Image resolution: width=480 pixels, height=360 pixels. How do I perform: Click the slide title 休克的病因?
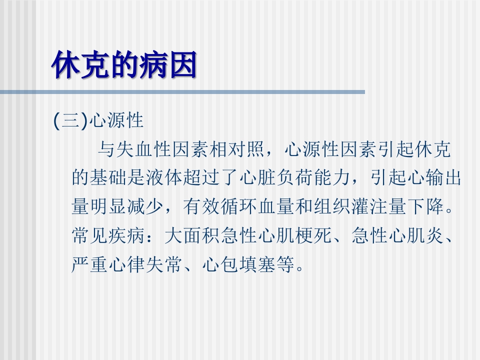pos(124,64)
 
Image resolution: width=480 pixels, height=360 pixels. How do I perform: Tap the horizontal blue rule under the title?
pos(182,92)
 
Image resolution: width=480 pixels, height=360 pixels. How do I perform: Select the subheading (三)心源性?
pos(98,120)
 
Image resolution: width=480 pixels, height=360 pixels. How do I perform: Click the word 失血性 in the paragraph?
pos(144,149)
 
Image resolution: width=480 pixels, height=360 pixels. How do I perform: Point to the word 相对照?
pos(237,149)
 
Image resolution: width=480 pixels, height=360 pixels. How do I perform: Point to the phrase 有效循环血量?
pos(238,206)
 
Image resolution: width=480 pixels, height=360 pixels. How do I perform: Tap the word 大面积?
pos(191,235)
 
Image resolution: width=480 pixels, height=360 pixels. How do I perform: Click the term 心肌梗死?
pos(293,235)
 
